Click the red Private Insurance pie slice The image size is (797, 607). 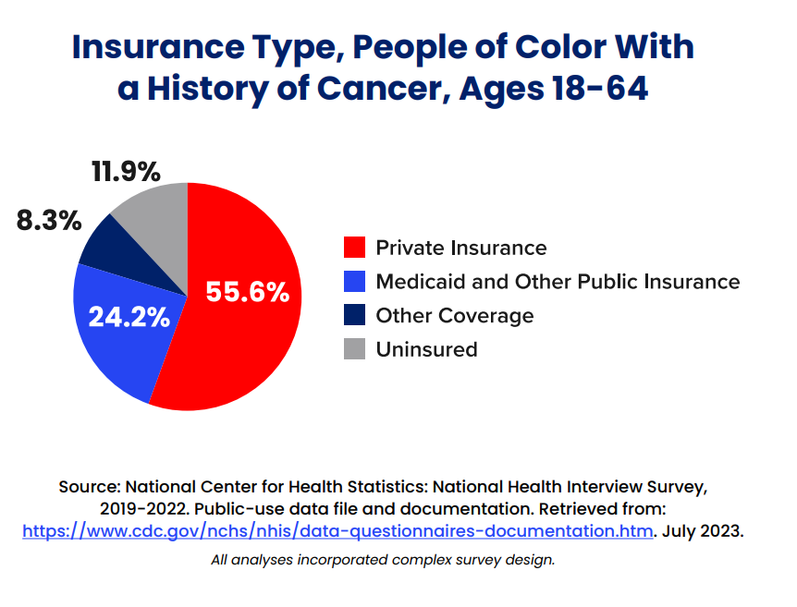tap(250, 342)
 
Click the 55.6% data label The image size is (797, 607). tap(248, 292)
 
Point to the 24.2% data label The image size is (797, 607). tap(129, 317)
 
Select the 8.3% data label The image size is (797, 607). tap(49, 222)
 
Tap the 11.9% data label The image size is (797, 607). tap(126, 172)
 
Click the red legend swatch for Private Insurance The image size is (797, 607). tap(354, 248)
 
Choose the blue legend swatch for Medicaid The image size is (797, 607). tap(354, 282)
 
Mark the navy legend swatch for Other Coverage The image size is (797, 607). tap(354, 315)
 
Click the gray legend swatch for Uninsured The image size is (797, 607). tap(354, 349)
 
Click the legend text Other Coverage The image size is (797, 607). tap(454, 315)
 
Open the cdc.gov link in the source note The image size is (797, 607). tap(338, 531)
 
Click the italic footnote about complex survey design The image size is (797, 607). tap(383, 560)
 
